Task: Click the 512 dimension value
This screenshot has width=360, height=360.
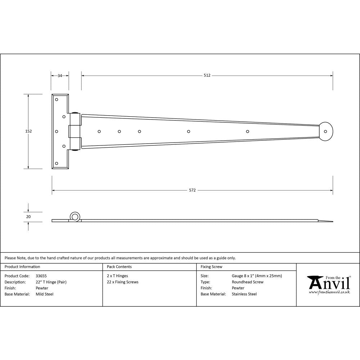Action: [207, 76]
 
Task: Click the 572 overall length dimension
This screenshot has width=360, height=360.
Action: [192, 190]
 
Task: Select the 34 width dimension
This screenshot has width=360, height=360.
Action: [60, 76]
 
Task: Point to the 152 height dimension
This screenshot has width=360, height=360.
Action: [28, 131]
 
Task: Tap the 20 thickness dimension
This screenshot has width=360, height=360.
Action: [28, 217]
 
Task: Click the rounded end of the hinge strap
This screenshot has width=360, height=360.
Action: [327, 131]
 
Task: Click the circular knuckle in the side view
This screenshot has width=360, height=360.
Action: [75, 217]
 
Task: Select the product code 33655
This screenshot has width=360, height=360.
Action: [41, 276]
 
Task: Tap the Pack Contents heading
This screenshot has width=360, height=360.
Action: [119, 267]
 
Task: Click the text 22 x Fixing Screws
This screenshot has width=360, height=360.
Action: [122, 282]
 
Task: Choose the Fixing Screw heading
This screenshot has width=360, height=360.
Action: [211, 267]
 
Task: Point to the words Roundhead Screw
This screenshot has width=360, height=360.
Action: [247, 282]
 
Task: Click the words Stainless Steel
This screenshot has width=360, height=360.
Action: [244, 294]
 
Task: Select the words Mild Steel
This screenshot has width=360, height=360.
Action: [44, 294]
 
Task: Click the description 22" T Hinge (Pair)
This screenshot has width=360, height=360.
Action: [51, 282]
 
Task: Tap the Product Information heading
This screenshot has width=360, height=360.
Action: [22, 267]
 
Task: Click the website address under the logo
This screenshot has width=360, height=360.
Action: [329, 292]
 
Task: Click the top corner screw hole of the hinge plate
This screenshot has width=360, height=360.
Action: [56, 100]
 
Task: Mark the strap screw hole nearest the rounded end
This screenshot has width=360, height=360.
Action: [247, 131]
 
